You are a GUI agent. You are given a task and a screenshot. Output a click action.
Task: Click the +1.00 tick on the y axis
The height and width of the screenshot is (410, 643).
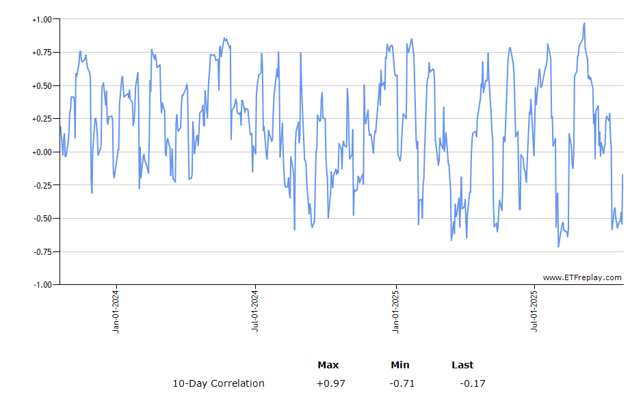coord(42,20)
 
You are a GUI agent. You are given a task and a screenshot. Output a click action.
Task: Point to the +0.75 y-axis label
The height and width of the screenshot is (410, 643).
coord(42,53)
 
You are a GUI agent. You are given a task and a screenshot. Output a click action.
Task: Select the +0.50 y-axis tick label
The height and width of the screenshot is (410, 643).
coord(42,86)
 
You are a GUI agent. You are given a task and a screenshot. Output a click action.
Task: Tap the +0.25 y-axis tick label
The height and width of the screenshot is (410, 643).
coord(42,119)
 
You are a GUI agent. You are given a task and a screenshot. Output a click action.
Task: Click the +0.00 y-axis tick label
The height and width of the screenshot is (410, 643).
coord(42,152)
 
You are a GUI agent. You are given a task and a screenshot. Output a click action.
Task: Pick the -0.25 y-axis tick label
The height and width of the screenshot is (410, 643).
coord(42,185)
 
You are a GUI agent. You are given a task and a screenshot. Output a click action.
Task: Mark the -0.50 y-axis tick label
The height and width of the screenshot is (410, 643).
coord(42,219)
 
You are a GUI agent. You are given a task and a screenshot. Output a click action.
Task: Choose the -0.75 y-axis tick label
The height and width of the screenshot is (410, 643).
coord(42,251)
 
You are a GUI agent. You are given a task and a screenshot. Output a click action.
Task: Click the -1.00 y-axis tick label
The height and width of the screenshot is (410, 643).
coord(42,284)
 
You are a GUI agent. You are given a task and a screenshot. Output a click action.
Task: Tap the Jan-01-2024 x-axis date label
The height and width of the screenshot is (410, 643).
coord(116,312)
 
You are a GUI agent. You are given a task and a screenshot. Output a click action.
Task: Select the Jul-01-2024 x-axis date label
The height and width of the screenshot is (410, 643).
coord(256,312)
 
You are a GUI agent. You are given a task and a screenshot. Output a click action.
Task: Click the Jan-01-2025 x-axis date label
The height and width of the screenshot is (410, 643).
coord(395,312)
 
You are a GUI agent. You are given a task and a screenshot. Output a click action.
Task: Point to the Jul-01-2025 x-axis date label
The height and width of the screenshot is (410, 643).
coord(534,312)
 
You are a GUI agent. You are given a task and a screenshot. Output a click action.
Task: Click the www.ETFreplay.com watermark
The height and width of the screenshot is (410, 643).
coord(582,277)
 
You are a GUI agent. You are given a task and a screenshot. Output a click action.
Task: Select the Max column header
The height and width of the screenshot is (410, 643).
coord(328,365)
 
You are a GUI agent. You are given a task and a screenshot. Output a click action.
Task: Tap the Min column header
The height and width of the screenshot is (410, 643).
coord(400,365)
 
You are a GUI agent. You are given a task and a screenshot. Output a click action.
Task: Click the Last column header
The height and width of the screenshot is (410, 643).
coord(462,365)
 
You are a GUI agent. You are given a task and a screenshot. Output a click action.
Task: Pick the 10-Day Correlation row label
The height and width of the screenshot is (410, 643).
coord(218,383)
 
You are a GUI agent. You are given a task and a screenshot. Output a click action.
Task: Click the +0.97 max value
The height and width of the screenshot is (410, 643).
coord(330,383)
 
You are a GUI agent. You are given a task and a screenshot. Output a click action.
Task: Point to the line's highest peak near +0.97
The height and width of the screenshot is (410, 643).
coord(584,23)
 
